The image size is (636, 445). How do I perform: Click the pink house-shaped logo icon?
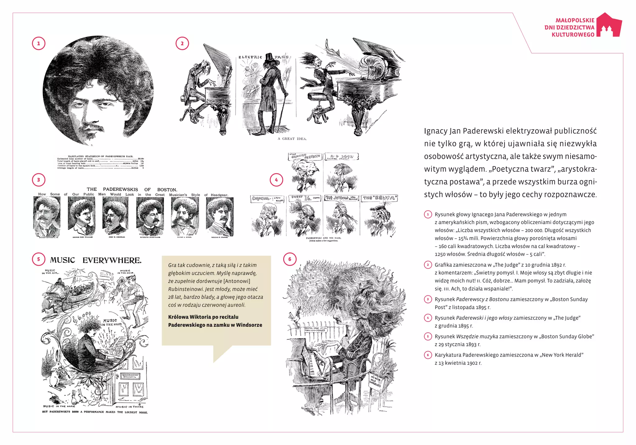[x=610, y=26]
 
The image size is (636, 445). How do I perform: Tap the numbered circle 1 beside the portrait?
[x=39, y=43]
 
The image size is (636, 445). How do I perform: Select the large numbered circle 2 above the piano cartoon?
[x=182, y=43]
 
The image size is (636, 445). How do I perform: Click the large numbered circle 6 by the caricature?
[x=290, y=259]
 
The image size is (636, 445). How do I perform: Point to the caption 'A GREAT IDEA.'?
[x=292, y=139]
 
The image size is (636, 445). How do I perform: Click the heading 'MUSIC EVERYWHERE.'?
[x=96, y=260]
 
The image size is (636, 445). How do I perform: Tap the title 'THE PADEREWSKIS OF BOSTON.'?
[x=132, y=189]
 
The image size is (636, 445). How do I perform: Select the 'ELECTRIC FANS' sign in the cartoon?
[x=263, y=57]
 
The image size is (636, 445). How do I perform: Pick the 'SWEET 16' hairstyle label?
[x=305, y=198]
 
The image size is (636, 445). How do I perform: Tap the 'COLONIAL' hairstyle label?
[x=267, y=199]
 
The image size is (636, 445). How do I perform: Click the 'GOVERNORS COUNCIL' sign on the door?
[x=130, y=376]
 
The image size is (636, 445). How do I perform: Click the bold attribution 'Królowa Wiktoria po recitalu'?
[x=203, y=317]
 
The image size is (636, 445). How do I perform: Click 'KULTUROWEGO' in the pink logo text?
[x=573, y=34]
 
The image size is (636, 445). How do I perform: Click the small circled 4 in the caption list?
[x=428, y=318]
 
